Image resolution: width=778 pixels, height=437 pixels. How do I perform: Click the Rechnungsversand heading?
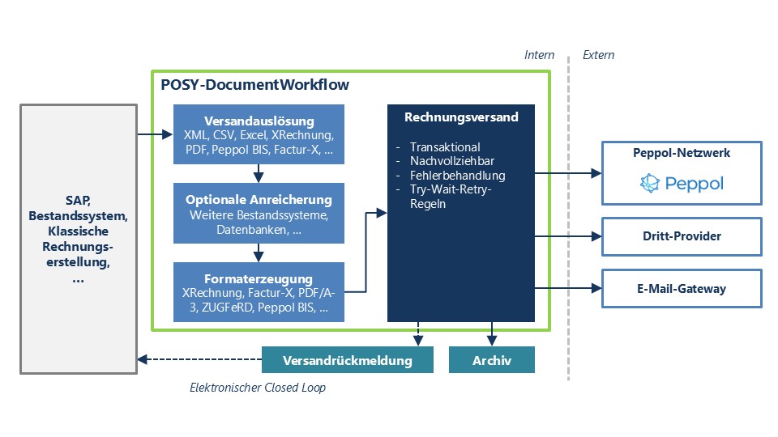point(461,117)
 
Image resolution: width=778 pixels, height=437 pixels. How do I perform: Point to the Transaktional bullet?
point(445,146)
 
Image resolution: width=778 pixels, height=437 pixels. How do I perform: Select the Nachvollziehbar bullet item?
point(451,161)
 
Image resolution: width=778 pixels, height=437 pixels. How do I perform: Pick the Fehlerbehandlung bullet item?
point(457,176)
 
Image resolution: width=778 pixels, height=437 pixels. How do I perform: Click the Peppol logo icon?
point(650,184)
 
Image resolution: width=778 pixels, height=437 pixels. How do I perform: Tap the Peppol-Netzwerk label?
point(682,153)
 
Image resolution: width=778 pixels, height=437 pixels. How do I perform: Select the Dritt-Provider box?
point(682,236)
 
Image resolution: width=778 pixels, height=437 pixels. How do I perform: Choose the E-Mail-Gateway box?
point(682,288)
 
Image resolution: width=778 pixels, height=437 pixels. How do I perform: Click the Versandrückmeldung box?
point(348,360)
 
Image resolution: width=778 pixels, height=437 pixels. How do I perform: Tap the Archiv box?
point(492,360)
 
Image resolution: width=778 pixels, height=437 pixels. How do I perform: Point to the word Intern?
point(540,55)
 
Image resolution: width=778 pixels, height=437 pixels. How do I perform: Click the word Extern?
point(599,55)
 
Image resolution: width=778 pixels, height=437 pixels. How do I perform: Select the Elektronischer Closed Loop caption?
point(258,388)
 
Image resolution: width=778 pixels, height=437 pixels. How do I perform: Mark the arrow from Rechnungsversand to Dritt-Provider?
point(567,236)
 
